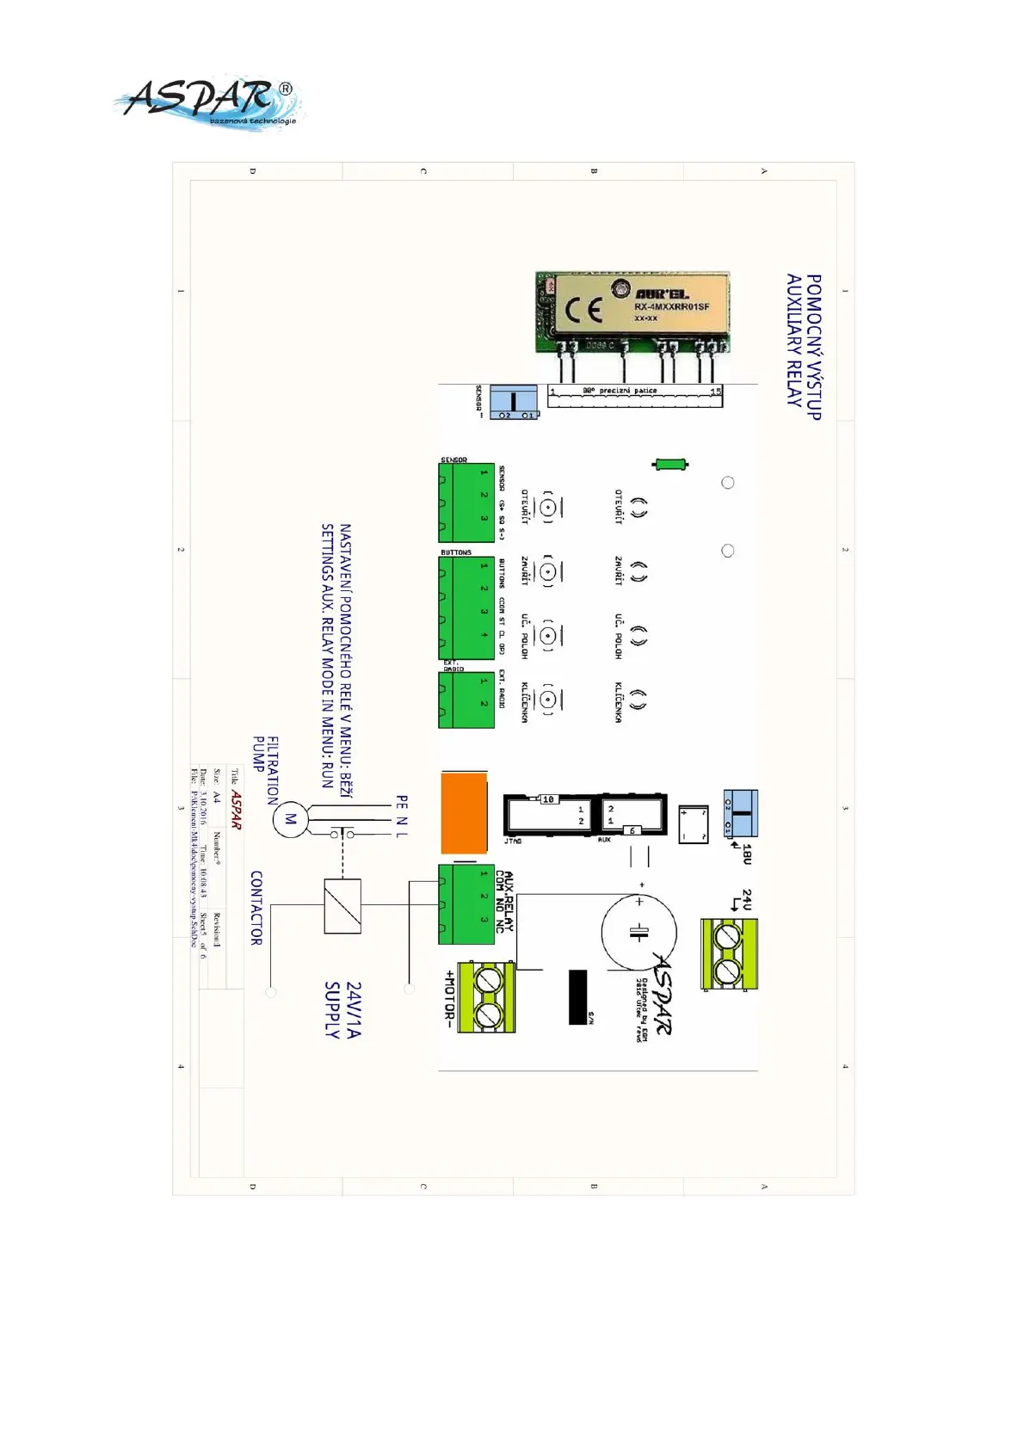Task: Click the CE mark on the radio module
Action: (x=583, y=311)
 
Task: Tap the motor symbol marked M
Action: (x=290, y=819)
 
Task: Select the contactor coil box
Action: (x=342, y=906)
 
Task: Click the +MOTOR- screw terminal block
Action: (x=486, y=997)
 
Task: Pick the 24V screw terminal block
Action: (x=729, y=953)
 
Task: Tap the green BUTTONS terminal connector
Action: (x=466, y=607)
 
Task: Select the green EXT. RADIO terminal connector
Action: (x=466, y=700)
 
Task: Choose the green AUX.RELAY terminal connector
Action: (x=466, y=904)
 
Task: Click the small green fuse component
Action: (x=670, y=465)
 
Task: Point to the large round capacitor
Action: (x=638, y=932)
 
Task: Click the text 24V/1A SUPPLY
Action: (x=342, y=1009)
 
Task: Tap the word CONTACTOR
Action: (x=256, y=908)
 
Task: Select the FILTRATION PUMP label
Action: (x=265, y=768)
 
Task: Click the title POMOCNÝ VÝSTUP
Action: (x=813, y=347)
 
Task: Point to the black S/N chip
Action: (x=578, y=997)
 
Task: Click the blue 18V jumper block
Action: (x=740, y=813)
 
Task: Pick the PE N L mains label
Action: (x=402, y=817)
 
